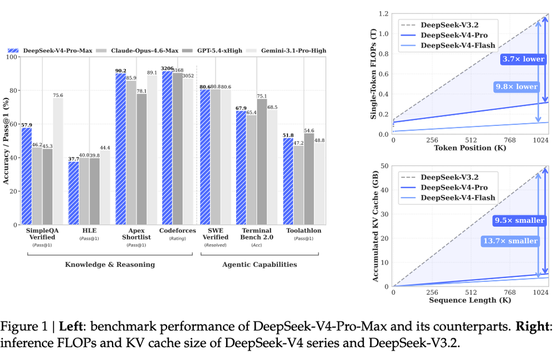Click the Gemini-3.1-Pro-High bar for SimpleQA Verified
(58, 162)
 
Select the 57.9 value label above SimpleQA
(26, 125)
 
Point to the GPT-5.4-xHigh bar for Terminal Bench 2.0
(262, 162)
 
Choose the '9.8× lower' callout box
(516, 86)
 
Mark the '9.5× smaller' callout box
(519, 220)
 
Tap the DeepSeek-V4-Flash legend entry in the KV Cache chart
(457, 198)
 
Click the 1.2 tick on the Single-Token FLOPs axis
(383, 13)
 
